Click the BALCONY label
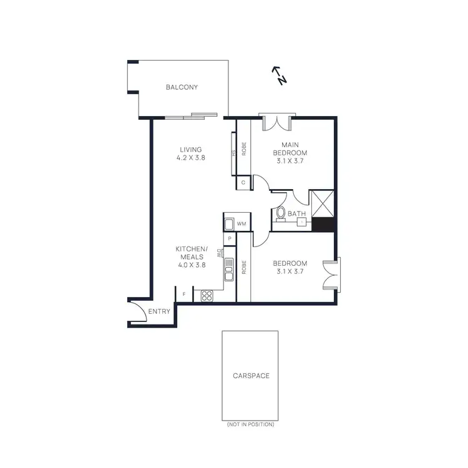tap(182, 87)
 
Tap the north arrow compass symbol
tap(279, 76)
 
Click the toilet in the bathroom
tap(281, 214)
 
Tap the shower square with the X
tap(323, 204)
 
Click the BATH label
tap(296, 214)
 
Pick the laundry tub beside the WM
tap(229, 223)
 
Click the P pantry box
tap(230, 239)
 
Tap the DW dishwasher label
tap(220, 253)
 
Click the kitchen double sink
tap(229, 269)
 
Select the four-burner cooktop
tap(207, 296)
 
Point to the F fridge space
tap(184, 295)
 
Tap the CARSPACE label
tap(251, 376)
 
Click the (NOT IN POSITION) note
tap(251, 424)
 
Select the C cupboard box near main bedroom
tap(243, 183)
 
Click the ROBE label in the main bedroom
tap(244, 150)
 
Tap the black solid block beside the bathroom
tap(323, 225)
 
